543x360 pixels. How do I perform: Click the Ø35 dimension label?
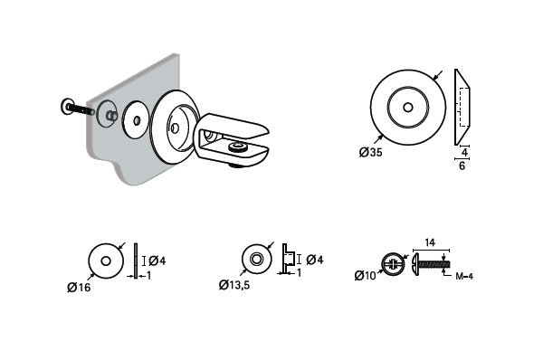[370, 152]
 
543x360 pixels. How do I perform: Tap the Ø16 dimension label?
[79, 287]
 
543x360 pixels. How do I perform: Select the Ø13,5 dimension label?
[234, 285]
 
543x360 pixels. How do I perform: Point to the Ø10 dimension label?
[365, 276]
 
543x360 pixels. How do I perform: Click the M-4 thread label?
[464, 276]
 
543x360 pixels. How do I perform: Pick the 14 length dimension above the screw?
[429, 242]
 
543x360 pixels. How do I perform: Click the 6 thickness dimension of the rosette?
[462, 166]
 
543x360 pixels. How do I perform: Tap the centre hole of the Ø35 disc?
[408, 108]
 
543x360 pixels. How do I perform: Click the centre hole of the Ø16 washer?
[106, 261]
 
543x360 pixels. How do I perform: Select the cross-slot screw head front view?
[393, 265]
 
